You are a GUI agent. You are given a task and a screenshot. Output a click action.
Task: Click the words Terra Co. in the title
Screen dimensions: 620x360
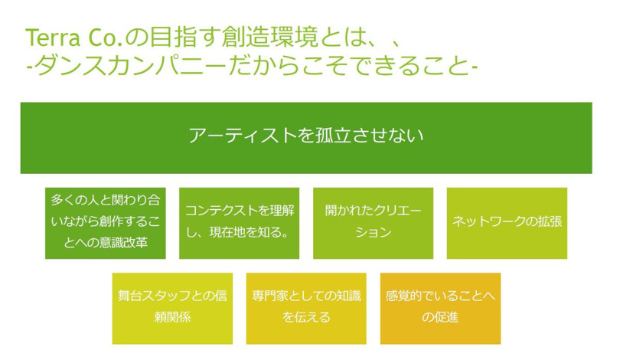point(75,38)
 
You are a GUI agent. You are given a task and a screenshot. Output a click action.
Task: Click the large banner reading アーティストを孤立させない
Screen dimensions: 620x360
point(306,138)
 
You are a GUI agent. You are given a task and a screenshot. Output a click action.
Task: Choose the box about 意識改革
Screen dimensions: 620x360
point(105,223)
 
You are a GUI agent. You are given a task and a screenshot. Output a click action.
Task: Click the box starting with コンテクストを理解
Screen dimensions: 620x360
point(240,223)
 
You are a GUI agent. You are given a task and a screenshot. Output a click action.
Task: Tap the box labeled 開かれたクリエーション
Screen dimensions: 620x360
point(373,223)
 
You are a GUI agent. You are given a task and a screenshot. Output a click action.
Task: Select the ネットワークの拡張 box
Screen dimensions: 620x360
point(507,223)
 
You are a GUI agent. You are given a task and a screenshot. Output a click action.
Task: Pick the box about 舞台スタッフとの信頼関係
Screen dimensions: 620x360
point(172,308)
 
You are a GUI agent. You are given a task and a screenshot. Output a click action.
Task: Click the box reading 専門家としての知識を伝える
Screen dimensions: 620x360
point(306,308)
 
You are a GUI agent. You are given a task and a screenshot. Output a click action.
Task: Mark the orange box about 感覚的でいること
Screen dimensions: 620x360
point(440,308)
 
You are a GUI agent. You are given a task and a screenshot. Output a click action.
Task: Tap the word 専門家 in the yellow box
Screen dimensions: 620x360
point(269,296)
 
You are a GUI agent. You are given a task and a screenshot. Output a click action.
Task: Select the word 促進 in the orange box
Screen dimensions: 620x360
point(446,317)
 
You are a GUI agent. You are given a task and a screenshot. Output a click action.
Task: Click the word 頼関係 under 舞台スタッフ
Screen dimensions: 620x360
point(172,317)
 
